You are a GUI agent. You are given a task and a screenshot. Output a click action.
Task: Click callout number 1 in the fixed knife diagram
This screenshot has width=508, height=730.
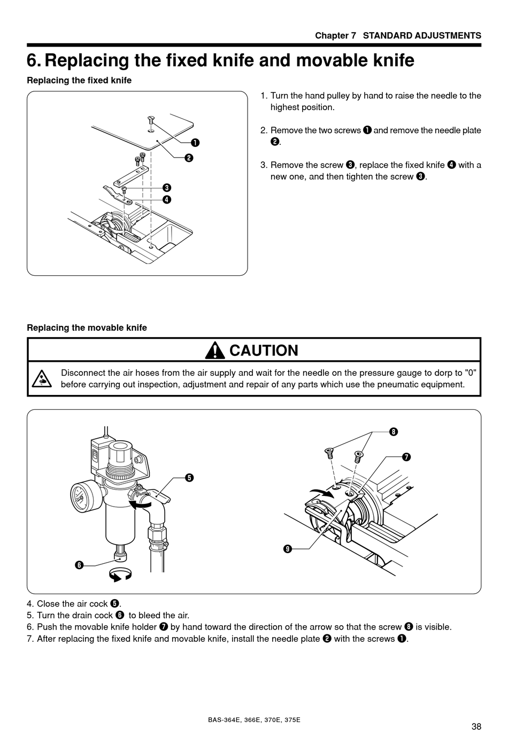(195, 143)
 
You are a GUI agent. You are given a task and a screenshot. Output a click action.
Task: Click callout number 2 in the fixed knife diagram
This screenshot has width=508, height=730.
(189, 158)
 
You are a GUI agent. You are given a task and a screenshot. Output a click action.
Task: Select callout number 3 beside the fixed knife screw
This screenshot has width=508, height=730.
(167, 188)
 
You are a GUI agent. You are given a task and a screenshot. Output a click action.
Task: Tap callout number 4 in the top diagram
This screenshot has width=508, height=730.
(167, 200)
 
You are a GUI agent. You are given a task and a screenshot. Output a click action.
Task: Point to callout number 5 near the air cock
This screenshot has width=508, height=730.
(189, 478)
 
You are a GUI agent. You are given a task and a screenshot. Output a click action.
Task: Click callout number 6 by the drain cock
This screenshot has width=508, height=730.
(79, 565)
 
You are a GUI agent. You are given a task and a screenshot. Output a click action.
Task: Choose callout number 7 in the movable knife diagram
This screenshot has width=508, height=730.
(406, 457)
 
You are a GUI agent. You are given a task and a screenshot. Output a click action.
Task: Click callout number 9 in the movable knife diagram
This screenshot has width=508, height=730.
(288, 549)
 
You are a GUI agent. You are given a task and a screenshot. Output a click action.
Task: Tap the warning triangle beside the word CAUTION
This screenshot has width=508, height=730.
(215, 351)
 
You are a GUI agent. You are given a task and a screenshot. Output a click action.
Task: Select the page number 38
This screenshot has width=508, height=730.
(476, 726)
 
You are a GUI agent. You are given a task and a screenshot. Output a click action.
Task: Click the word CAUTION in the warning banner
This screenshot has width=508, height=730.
(264, 351)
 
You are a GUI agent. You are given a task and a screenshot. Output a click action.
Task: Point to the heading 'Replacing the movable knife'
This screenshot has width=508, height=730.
(87, 328)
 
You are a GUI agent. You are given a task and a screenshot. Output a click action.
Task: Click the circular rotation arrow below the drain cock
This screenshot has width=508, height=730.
(120, 575)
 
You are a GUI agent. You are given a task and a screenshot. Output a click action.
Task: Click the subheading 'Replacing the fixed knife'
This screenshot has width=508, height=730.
(79, 80)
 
